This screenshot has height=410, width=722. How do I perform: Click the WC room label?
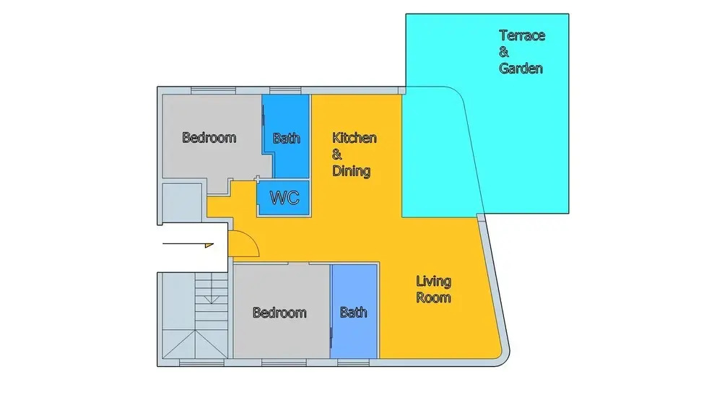tap(284, 198)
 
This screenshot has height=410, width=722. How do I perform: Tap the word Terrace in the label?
tap(522, 35)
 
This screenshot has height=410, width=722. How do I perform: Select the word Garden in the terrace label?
tap(521, 69)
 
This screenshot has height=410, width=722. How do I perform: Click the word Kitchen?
tap(354, 138)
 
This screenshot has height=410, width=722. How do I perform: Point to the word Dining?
tap(352, 171)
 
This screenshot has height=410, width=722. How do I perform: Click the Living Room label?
tap(433, 289)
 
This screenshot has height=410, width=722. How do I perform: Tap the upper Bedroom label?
tap(209, 138)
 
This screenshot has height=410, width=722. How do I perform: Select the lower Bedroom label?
tap(279, 313)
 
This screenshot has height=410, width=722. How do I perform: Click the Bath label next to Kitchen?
tap(287, 138)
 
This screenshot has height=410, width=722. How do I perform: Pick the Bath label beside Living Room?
tap(354, 313)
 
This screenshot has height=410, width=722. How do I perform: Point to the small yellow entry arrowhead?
tap(209, 245)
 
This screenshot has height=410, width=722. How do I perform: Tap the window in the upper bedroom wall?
tap(213, 90)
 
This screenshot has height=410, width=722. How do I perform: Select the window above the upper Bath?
tap(285, 90)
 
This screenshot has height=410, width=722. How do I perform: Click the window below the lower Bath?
tap(353, 363)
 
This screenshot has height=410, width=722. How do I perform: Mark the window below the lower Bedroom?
tap(284, 363)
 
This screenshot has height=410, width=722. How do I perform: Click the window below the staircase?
tap(201, 363)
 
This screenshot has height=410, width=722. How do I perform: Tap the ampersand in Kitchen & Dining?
tap(337, 154)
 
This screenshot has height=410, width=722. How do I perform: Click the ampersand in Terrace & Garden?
tap(504, 52)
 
